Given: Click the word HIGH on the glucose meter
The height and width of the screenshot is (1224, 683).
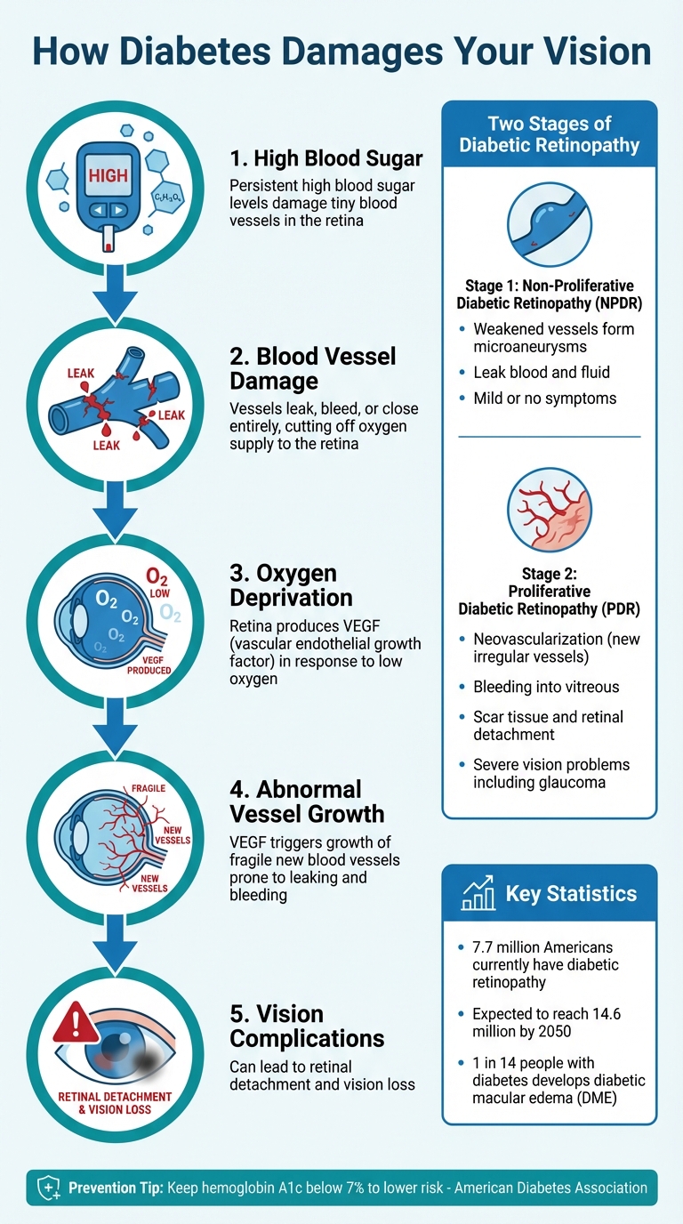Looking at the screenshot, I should click(108, 176).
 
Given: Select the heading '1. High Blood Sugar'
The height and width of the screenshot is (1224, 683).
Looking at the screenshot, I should click(325, 159).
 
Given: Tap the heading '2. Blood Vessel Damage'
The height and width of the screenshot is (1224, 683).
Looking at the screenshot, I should click(313, 369).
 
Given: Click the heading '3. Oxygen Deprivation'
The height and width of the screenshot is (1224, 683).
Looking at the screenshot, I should click(291, 584).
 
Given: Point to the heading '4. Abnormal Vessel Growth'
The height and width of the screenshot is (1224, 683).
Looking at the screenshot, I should click(307, 801).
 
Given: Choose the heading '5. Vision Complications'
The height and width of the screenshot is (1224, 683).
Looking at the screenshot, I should click(307, 1026).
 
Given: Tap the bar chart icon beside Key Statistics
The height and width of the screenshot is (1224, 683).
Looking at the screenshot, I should click(478, 894).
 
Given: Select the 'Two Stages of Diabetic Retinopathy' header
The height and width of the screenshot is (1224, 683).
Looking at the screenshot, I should click(549, 134).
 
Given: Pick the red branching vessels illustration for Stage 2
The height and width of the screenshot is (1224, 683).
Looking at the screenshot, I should click(549, 511).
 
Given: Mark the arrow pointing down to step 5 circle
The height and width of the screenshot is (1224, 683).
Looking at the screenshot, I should click(115, 943).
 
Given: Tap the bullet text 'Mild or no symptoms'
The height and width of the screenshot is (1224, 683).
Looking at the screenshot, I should click(544, 399).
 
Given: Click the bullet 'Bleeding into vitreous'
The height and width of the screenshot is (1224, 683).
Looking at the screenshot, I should click(546, 687).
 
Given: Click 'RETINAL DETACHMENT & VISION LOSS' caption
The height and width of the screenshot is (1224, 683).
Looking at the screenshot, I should click(115, 1103).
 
